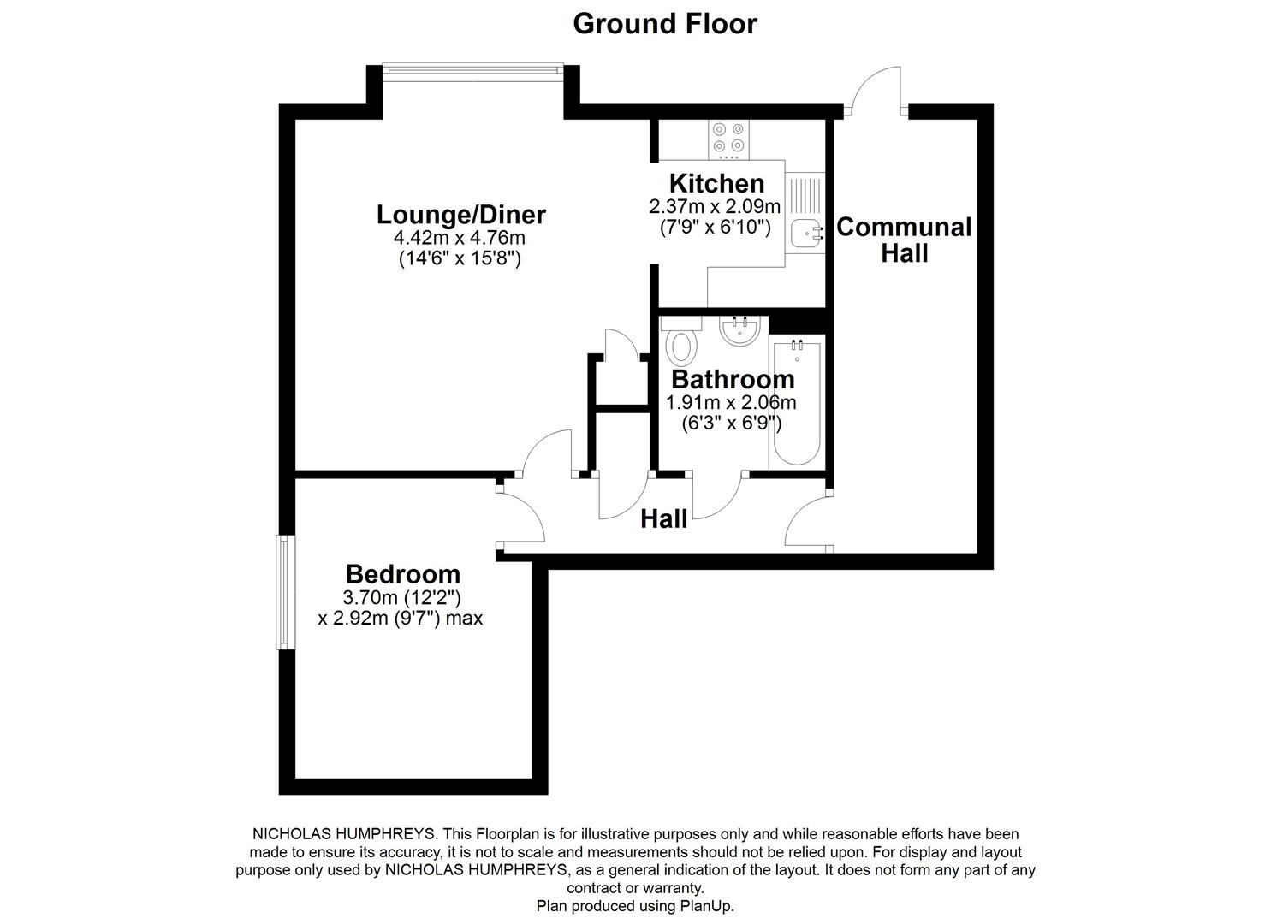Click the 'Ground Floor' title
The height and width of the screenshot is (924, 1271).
point(664,23)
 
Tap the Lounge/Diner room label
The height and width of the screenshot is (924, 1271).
point(461,214)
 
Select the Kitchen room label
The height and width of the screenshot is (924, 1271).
point(716,183)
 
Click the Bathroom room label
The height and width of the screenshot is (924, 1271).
point(732,379)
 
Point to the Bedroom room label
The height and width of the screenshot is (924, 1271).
point(402,574)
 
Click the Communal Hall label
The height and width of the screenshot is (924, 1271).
point(904,240)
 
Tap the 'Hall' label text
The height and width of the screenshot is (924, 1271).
point(664,518)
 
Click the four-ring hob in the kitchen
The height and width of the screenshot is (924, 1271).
point(728,139)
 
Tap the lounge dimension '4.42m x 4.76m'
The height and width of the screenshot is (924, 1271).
point(460,238)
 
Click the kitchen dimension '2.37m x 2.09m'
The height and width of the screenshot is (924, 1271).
point(715,206)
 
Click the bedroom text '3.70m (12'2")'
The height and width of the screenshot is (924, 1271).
point(401,597)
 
